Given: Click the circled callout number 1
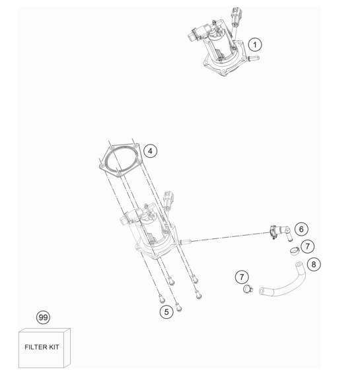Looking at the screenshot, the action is [x=255, y=44].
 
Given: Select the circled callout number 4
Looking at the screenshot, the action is [x=151, y=151].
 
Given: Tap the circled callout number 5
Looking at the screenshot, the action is [x=166, y=312].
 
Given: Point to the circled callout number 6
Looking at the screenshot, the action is [x=301, y=229].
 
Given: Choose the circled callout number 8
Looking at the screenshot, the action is [x=314, y=264].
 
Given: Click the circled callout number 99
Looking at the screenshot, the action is [x=43, y=318].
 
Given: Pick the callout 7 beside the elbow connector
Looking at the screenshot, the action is [x=307, y=246].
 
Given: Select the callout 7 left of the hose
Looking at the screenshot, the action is [x=242, y=277].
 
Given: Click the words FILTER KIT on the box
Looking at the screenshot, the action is [x=42, y=347].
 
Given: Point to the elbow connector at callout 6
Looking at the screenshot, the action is [x=281, y=232].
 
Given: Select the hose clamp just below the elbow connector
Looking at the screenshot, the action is [x=295, y=251].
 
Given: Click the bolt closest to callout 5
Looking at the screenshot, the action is [x=179, y=308].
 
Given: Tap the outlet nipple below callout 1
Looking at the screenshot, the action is [x=254, y=57].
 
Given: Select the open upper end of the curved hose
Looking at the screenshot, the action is [x=299, y=264].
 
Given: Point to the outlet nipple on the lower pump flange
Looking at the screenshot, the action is [x=185, y=242].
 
